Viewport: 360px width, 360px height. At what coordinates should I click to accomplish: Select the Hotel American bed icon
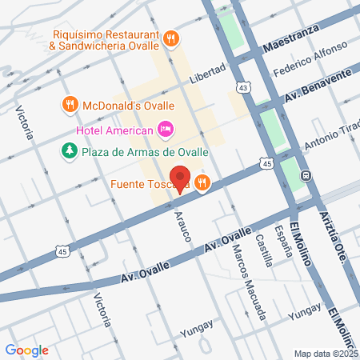(166, 128)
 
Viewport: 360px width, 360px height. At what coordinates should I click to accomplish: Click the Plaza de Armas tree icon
(70, 150)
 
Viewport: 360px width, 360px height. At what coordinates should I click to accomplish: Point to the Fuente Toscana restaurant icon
(202, 183)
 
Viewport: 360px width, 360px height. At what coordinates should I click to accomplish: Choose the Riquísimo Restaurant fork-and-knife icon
(170, 38)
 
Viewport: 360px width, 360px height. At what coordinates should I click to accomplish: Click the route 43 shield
(243, 86)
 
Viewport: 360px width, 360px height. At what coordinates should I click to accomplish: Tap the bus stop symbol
(305, 175)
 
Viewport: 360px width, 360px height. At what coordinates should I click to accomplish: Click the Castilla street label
(262, 238)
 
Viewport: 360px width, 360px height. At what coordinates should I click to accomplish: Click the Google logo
(26, 350)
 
